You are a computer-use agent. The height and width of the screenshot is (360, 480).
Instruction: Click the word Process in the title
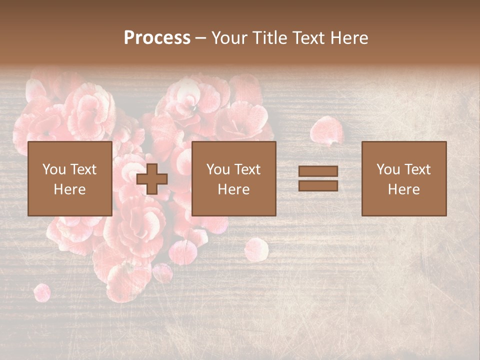tap(157, 38)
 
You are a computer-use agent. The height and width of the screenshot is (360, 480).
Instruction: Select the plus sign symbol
tap(152, 179)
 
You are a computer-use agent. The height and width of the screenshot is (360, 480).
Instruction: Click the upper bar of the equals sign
tap(318, 171)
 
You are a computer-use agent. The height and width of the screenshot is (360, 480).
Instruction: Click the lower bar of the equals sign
tap(318, 186)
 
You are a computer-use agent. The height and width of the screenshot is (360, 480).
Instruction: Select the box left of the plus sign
tap(69, 178)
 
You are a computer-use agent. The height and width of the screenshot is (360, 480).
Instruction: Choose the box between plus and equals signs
tap(233, 178)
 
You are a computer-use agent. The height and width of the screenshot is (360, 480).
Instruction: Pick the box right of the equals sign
tap(403, 178)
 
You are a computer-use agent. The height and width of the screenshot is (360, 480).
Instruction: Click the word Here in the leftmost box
tap(69, 189)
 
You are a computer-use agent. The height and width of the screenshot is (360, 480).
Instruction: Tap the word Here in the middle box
tap(233, 189)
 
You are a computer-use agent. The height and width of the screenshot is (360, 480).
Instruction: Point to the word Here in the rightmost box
tap(403, 189)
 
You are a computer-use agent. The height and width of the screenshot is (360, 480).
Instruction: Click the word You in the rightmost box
tap(388, 169)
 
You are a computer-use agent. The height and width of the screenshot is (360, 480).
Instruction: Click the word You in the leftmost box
tap(54, 169)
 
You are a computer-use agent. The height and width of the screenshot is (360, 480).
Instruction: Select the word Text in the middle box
tap(247, 169)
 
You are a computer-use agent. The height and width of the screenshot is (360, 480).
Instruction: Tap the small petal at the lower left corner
tap(41, 292)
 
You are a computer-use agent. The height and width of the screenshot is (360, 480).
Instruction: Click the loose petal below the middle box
tap(256, 249)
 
